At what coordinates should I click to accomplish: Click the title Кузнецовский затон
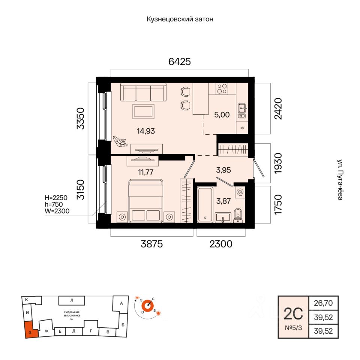[x=180, y=19]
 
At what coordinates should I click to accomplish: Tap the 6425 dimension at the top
[x=180, y=62]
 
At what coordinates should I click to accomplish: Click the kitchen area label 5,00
[x=222, y=115]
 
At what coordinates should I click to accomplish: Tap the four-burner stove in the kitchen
[x=222, y=88]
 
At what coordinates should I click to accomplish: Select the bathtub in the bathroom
[x=205, y=204]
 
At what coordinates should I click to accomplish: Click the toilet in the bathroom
[x=238, y=215]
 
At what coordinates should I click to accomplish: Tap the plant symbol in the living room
[x=120, y=141]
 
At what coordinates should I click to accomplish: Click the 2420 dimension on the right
[x=278, y=109]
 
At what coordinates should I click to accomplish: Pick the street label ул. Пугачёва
[x=339, y=180]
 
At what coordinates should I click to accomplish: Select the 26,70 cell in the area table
[x=320, y=302]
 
